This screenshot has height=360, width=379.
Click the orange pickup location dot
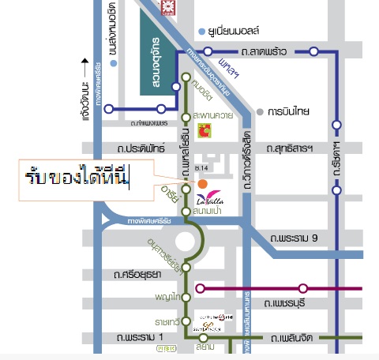pyautogui.click(x=203, y=184)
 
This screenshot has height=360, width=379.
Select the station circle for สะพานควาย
pyautogui.click(x=186, y=115)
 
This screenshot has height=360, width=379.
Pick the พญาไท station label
pyautogui.click(x=168, y=297)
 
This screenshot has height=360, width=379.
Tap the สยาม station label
pyautogui.click(x=206, y=346)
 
